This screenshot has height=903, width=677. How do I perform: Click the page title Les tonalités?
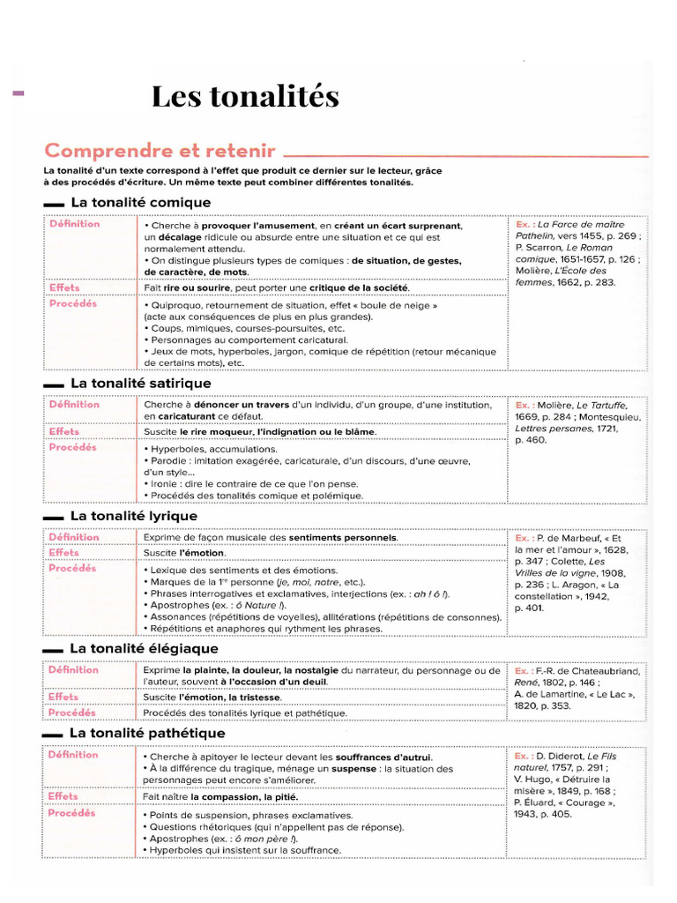(244, 96)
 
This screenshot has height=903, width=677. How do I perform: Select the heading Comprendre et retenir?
(160, 151)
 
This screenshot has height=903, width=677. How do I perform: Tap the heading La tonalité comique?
(140, 203)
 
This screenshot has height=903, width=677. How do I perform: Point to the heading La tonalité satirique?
(140, 384)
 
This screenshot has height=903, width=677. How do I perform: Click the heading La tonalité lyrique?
(133, 516)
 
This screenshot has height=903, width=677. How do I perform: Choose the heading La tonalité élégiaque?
(144, 649)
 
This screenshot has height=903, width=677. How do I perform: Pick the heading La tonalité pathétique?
(147, 734)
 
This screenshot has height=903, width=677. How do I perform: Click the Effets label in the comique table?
(64, 287)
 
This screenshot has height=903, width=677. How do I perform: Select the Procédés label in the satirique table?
(73, 448)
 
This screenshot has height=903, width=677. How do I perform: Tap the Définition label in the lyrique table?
(74, 537)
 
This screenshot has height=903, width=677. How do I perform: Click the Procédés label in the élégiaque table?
(72, 713)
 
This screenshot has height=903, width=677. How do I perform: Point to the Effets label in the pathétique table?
(64, 796)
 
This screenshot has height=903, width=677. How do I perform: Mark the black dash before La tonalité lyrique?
(53, 518)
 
